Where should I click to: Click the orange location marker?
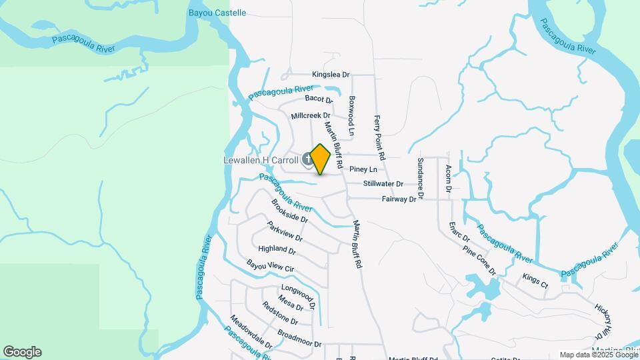pos(321,159)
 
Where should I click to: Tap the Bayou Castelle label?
pos(218,13)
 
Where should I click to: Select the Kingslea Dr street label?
pos(331,75)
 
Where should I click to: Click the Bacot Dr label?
pos(319,99)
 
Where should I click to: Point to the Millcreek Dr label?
pos(311,115)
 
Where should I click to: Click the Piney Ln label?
pos(363,169)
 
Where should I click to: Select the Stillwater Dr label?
pos(383,183)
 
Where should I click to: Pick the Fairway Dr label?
pos(399,199)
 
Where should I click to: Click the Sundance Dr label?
pos(421,175)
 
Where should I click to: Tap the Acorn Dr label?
pos(449,178)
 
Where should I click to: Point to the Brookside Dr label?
pos(289,210)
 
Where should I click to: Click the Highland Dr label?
pos(277,250)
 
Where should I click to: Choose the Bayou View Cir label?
pos(270,267)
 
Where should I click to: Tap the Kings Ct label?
pos(535,281)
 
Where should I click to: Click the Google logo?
pos(22,352)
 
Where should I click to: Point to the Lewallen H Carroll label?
pos(261,160)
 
